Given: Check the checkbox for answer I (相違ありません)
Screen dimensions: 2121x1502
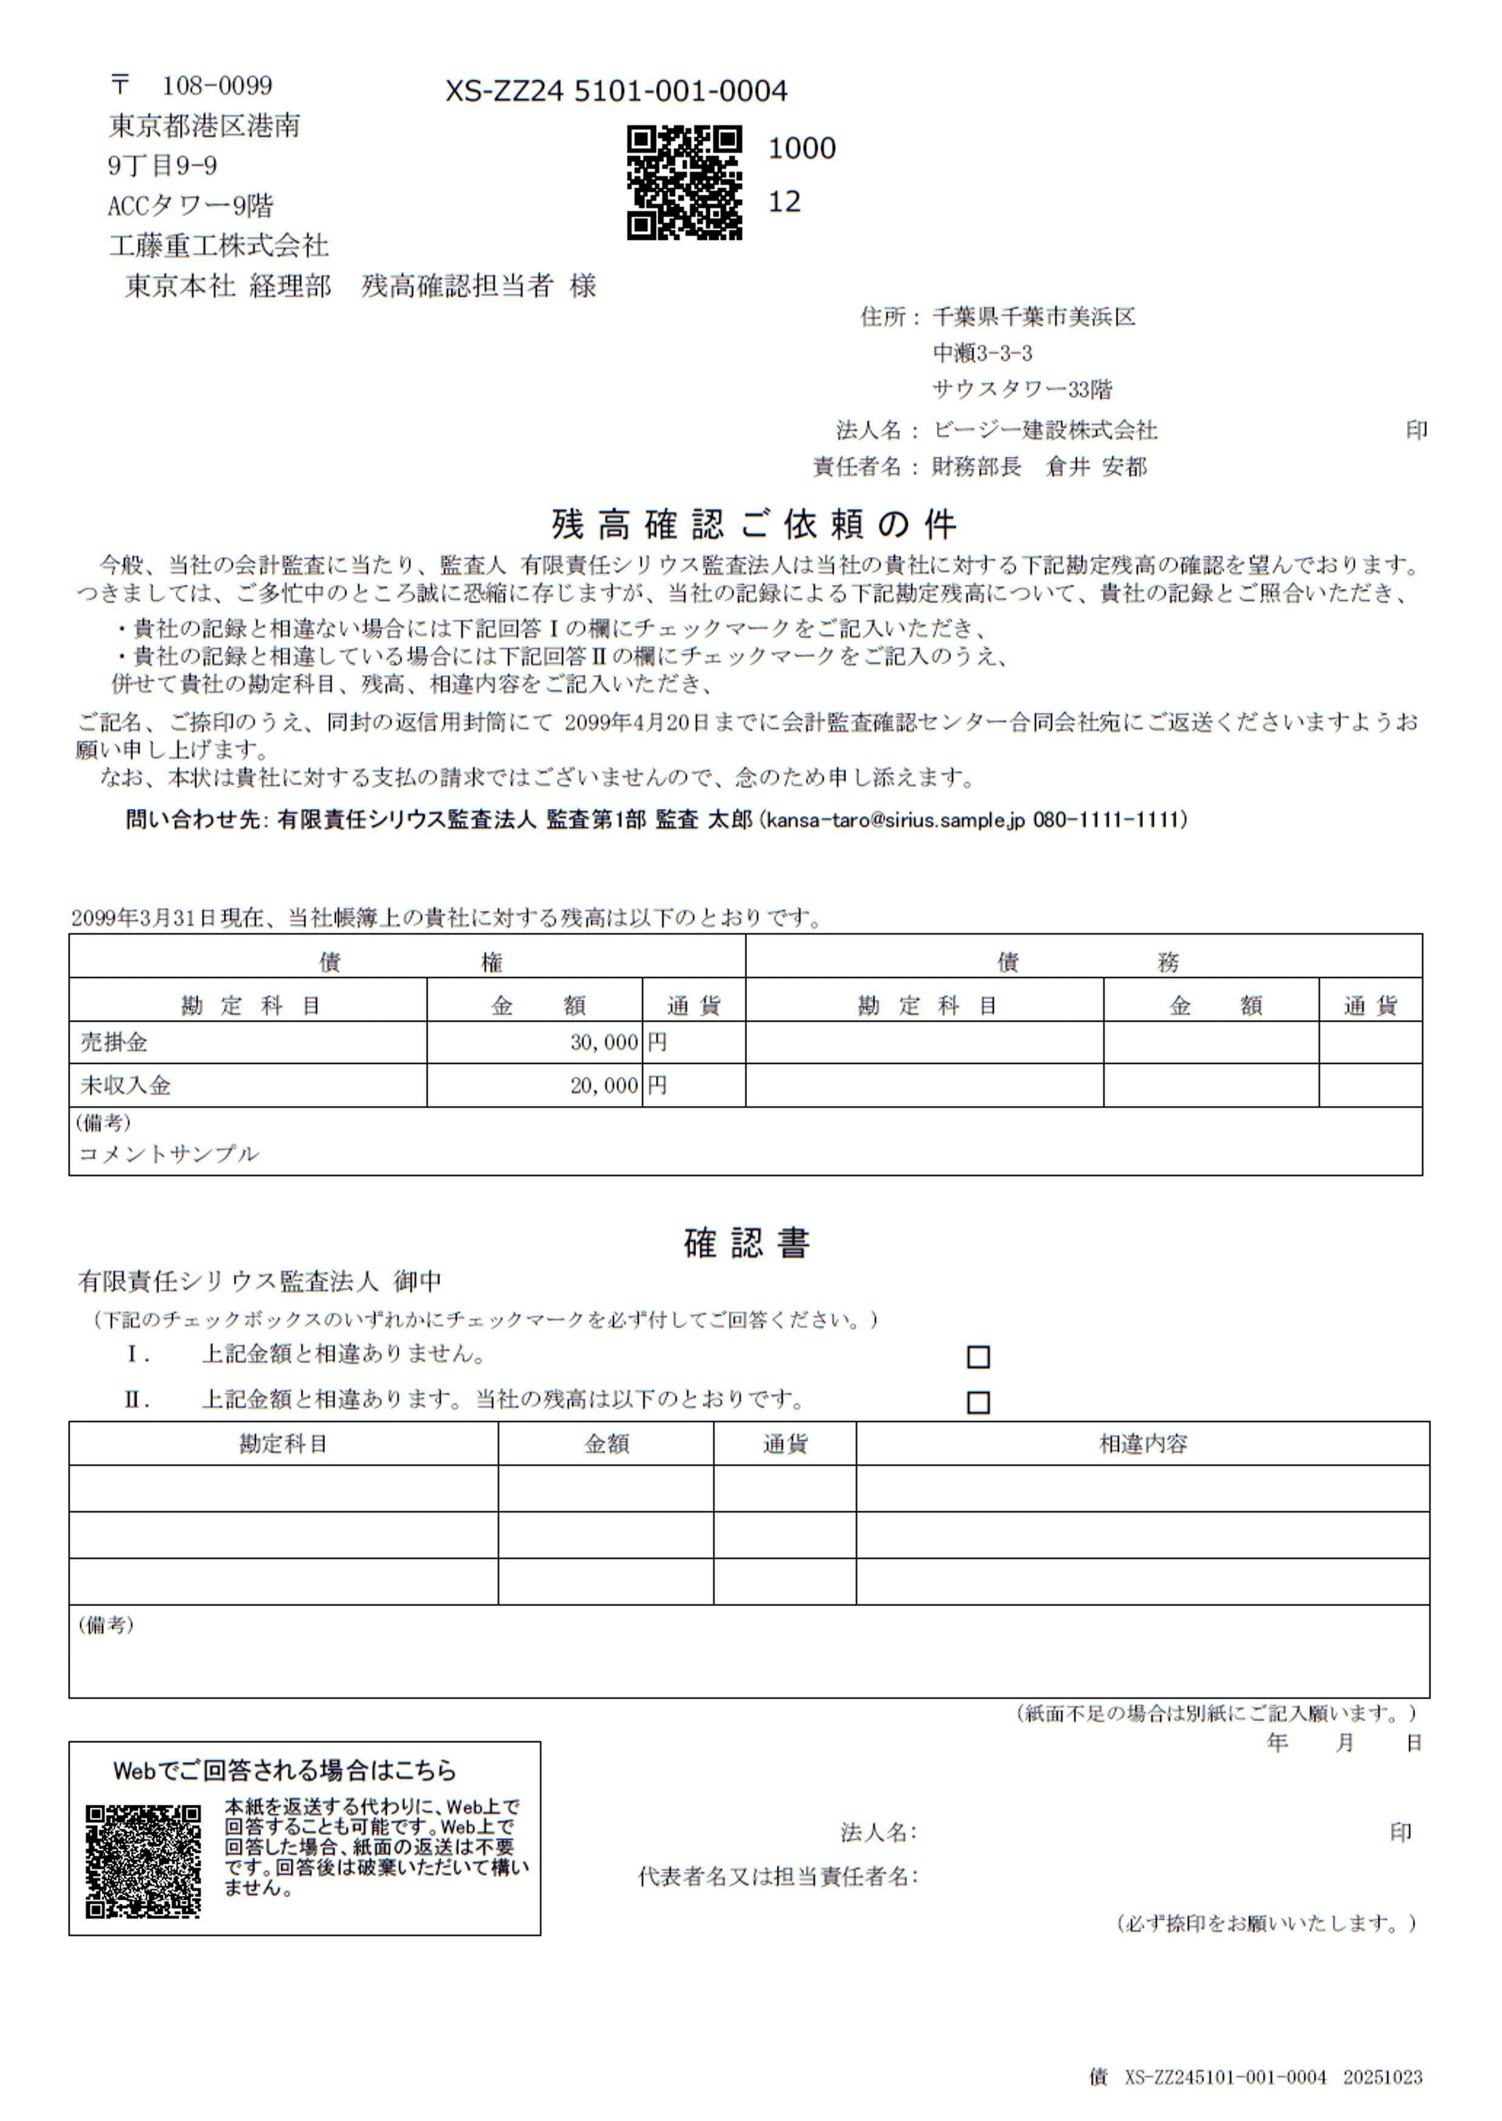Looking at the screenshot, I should click(978, 1357).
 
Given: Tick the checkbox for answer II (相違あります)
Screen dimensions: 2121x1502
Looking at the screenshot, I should click(978, 1402).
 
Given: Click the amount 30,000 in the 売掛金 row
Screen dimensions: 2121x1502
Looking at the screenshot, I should click(604, 1042).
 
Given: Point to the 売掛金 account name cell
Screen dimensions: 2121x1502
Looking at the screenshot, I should click(113, 1042).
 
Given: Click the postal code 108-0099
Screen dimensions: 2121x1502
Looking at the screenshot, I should click(217, 86).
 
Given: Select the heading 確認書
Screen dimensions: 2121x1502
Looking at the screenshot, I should click(746, 1243).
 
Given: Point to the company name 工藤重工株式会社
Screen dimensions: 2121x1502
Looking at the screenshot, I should click(218, 245).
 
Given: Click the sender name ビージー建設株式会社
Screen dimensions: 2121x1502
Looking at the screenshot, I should click(1044, 430).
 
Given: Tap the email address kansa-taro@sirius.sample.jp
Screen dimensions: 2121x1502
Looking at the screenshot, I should click(895, 820).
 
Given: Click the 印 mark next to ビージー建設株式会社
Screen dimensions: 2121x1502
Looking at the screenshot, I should click(1416, 430).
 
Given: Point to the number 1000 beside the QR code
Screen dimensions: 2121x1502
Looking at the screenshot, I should click(801, 148).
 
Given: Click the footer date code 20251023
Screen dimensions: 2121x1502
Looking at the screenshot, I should click(1382, 2077).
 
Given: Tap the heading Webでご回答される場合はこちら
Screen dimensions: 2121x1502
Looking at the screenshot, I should click(285, 1770).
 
